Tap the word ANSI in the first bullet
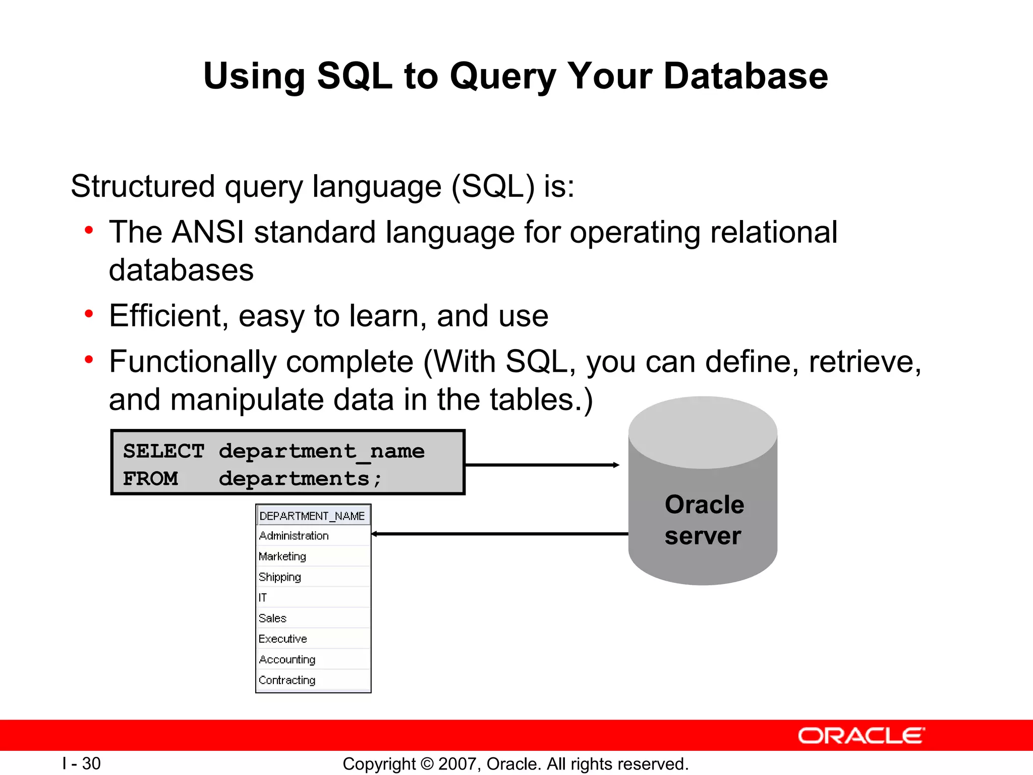point(207,233)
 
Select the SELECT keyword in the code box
point(163,451)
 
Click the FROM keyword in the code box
point(150,478)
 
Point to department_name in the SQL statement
point(321,451)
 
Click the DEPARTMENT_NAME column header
point(312,516)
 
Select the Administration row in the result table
point(294,536)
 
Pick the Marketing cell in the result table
point(282,557)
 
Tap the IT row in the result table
point(263,598)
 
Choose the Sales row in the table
point(272,619)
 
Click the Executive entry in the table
point(282,639)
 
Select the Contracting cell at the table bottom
point(287,680)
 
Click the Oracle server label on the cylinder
point(704,520)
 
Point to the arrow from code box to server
point(542,465)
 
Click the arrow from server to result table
point(499,534)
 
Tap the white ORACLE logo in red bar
point(861,736)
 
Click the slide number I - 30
point(82,764)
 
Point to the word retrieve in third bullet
point(865,362)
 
